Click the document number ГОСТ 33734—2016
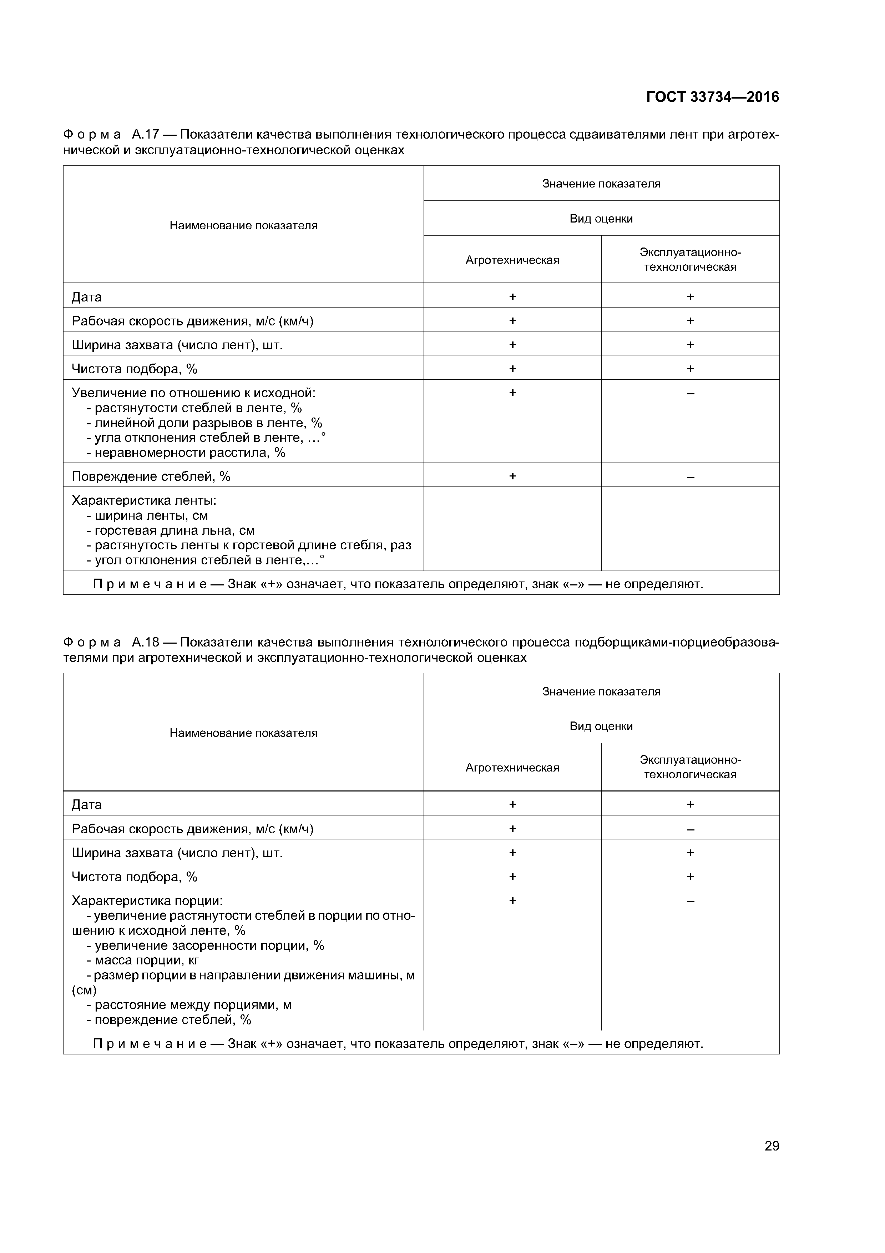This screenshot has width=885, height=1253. [712, 97]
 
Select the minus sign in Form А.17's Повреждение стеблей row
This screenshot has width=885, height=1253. [690, 477]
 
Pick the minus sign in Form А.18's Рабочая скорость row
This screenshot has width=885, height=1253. [690, 829]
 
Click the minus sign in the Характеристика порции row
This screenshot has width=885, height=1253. [690, 901]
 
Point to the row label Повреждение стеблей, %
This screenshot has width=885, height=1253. [151, 476]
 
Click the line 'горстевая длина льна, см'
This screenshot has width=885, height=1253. [170, 530]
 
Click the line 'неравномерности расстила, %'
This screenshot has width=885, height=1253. [186, 453]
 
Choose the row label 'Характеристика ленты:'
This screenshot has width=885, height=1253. [144, 500]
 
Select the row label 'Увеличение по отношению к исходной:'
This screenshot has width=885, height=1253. [193, 393]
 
